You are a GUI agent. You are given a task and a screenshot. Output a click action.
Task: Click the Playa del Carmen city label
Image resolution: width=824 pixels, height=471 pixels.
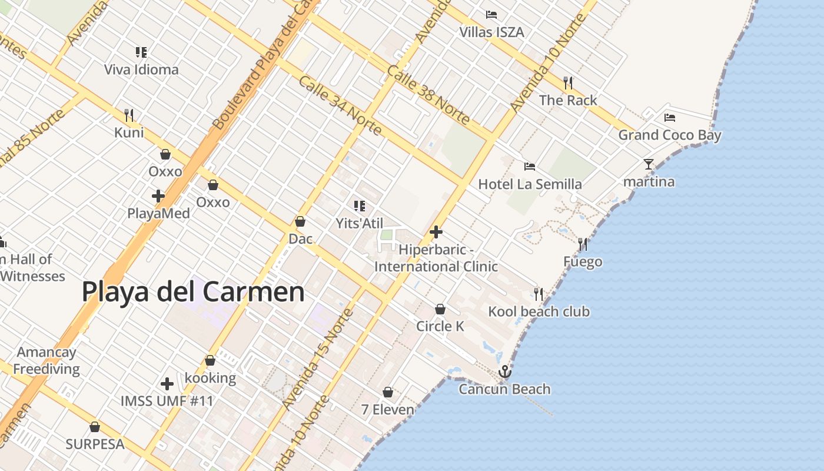click(x=193, y=291)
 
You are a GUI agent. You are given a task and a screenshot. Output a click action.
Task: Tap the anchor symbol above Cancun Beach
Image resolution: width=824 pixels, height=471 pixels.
click(x=504, y=372)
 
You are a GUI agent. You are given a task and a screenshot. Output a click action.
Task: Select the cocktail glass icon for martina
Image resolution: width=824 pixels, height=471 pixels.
click(x=649, y=164)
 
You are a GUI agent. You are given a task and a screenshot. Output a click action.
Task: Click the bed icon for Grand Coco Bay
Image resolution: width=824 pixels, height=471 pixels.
click(x=669, y=118)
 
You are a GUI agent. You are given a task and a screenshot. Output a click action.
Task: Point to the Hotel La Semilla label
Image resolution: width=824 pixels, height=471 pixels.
click(x=530, y=184)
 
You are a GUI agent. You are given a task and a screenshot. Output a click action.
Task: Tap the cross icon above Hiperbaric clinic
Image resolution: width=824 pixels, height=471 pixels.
click(x=436, y=232)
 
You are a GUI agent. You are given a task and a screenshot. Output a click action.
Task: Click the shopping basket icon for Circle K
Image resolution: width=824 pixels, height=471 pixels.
click(x=440, y=309)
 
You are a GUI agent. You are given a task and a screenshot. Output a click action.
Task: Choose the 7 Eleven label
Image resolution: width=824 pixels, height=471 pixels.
click(x=388, y=409)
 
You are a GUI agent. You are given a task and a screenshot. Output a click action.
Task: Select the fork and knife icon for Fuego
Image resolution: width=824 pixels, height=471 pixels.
click(x=583, y=244)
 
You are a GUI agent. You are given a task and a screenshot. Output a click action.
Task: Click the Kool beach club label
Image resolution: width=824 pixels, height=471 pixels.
click(x=539, y=311)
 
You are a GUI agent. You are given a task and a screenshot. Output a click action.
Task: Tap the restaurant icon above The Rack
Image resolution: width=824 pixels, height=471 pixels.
click(x=568, y=83)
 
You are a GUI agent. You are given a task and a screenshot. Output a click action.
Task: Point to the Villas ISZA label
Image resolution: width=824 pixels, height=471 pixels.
click(x=491, y=32)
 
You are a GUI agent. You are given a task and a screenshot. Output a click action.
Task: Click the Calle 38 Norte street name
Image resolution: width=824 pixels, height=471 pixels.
click(x=428, y=94)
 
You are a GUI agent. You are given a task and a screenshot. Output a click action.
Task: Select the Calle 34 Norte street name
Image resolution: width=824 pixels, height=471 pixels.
click(x=340, y=105)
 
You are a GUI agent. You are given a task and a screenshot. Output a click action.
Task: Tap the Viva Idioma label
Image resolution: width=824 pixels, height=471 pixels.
click(x=141, y=69)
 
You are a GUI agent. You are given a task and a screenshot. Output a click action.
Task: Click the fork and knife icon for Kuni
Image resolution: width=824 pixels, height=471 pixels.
click(x=129, y=115)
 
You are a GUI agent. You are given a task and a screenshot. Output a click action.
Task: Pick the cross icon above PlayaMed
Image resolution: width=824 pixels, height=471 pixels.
click(x=158, y=195)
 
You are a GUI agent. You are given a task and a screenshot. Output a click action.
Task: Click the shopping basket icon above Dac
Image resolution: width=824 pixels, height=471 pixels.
click(x=300, y=221)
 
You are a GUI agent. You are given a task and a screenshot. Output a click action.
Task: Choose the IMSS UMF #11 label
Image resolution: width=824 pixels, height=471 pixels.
click(x=167, y=401)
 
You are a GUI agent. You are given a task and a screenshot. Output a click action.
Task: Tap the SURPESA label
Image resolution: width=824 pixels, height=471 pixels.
click(x=95, y=444)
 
